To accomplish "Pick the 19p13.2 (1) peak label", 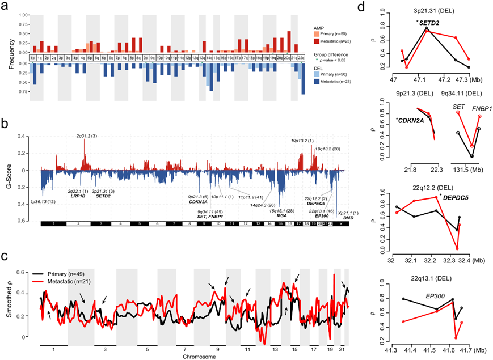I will coord(302,139).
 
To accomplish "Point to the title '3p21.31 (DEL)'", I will coord(432,10).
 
